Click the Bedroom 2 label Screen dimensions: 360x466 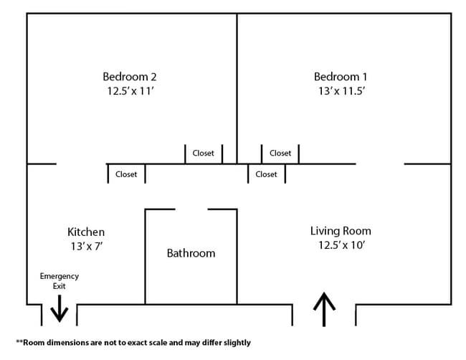130,77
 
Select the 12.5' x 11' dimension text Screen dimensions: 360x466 130,91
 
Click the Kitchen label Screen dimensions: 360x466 86,232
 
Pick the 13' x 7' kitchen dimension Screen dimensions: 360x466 86,246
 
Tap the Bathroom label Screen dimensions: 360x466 191,253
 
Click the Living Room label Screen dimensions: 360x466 341,231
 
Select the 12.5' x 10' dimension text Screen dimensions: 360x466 341,245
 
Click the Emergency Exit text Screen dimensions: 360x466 60,280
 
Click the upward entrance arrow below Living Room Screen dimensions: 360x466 324,309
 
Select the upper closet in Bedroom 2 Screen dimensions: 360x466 204,153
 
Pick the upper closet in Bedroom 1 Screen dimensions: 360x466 280,153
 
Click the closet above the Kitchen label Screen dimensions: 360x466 126,174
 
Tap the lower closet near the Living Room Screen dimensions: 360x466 266,174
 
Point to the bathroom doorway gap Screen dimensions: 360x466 191,209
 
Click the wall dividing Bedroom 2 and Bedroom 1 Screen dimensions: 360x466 237,79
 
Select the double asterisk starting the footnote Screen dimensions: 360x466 19,342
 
